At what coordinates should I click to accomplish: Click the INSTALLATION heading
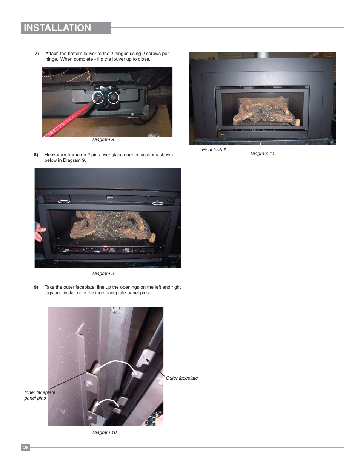click(x=57, y=28)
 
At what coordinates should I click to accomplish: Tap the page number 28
click(x=26, y=447)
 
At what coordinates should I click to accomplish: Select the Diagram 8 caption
click(x=103, y=140)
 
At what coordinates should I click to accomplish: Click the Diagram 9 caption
click(x=103, y=274)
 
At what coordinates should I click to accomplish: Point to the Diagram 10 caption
click(x=105, y=432)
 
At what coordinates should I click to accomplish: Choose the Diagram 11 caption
click(x=262, y=153)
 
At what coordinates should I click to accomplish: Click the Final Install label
click(x=214, y=150)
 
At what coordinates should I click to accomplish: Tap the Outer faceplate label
click(x=182, y=378)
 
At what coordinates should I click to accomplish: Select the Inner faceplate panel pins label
click(x=40, y=395)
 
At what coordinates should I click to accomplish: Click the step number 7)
click(x=37, y=54)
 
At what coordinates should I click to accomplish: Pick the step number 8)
click(x=36, y=155)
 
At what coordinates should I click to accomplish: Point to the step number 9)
click(x=36, y=287)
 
